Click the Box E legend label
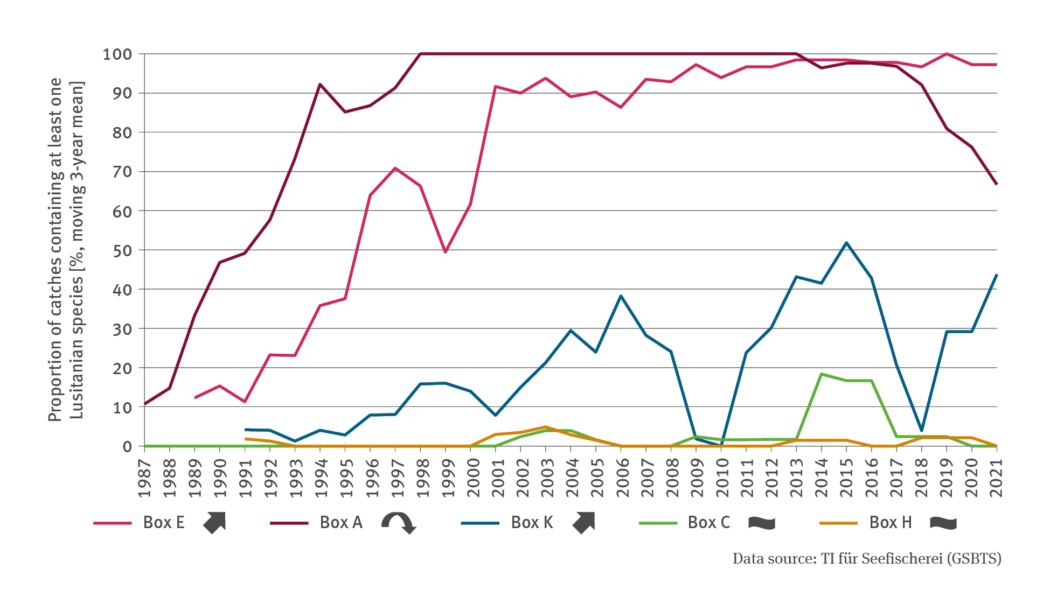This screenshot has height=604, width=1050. click(x=164, y=523)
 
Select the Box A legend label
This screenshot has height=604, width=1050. click(x=341, y=523)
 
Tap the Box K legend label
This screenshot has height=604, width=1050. click(x=532, y=523)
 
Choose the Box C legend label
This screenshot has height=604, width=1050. click(x=709, y=523)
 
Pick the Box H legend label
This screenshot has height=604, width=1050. click(x=891, y=523)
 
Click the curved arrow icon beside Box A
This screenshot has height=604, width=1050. click(x=398, y=523)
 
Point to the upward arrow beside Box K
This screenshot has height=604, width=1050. click(x=583, y=523)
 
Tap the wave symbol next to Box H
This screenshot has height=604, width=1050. click(x=943, y=523)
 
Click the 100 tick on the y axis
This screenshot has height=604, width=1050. click(x=117, y=54)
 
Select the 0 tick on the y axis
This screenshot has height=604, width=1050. click(x=127, y=447)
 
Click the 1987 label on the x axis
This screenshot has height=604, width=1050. click(x=144, y=479)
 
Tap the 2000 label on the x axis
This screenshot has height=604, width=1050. click(x=470, y=479)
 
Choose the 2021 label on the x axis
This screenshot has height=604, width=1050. click(x=996, y=479)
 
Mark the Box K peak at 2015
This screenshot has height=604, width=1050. click(x=846, y=243)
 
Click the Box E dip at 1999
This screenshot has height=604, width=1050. click(x=446, y=252)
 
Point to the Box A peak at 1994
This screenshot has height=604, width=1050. click(x=320, y=85)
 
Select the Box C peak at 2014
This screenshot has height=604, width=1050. click(x=821, y=374)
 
